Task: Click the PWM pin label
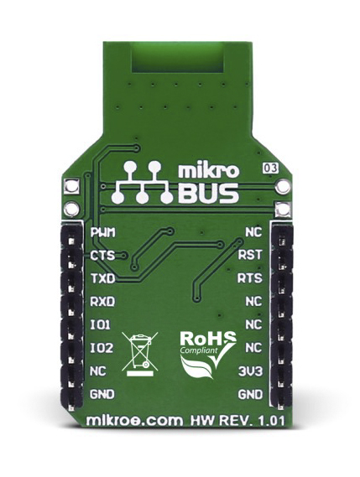[x=103, y=233]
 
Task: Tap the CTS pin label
[x=102, y=255]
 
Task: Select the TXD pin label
[x=102, y=278]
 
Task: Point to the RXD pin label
[x=102, y=302]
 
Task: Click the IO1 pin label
[x=101, y=325]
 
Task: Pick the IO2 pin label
[x=102, y=348]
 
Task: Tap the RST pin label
[x=250, y=255]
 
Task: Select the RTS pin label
[x=250, y=278]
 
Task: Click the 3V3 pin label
[x=250, y=371]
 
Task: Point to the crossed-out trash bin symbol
[x=140, y=353]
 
